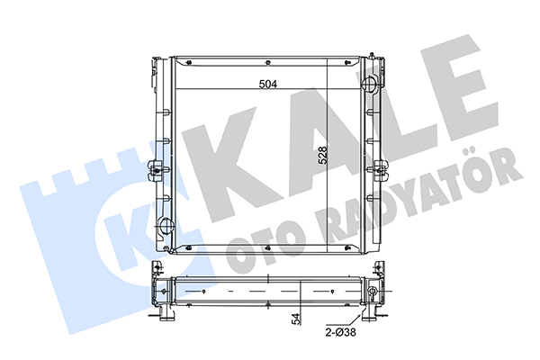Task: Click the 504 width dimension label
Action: coord(268,84)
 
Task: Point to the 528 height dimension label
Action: coord(322,156)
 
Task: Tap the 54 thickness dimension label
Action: coord(296,319)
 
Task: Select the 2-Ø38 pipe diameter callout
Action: coord(340,332)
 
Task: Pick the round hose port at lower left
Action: coord(166,225)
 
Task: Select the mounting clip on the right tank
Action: coord(380,169)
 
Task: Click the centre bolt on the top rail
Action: coord(268,63)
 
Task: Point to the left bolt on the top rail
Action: coord(189,63)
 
